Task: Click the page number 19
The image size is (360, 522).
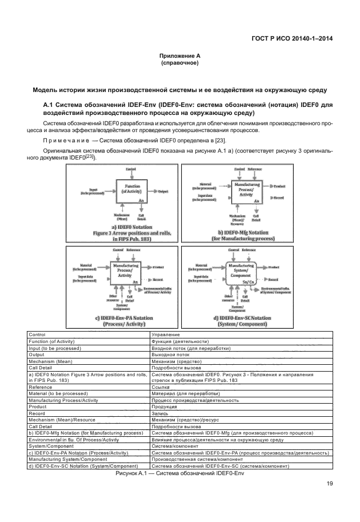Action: click(x=330, y=484)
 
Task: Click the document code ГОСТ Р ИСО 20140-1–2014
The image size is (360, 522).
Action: click(x=293, y=39)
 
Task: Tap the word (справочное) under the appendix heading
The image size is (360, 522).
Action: click(x=179, y=63)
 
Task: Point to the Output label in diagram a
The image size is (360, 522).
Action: click(x=163, y=191)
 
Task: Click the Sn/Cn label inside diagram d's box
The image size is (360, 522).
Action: click(x=249, y=281)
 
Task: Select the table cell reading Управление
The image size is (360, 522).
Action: click(x=165, y=334)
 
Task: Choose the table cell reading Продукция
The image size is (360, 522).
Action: click(x=164, y=408)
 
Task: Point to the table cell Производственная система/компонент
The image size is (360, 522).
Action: click(x=199, y=460)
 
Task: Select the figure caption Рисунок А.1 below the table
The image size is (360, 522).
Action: click(x=180, y=474)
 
